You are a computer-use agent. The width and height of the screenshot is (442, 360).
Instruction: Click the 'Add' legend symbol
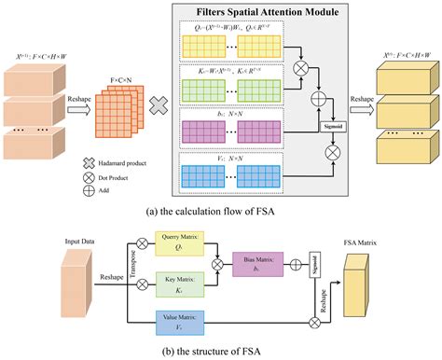tap(88, 189)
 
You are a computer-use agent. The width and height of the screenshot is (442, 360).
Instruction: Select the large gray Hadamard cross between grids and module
tap(159, 107)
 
